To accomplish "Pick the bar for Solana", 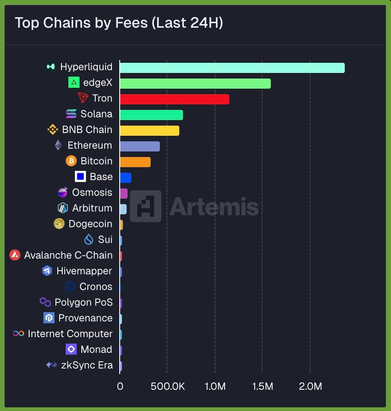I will tap(151, 115).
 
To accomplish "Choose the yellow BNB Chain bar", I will tap(149, 130).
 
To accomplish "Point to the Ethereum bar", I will tap(140, 146).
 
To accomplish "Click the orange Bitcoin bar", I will tap(135, 162).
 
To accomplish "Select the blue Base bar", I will tap(125, 177).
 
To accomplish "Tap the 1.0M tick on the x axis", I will tap(214, 386).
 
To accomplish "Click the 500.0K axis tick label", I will tap(168, 386).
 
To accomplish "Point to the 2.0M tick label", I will tap(310, 386).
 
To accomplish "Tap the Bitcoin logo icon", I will tap(71, 161).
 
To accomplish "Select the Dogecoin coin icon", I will tap(59, 224).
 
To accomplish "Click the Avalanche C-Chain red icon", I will tap(15, 255).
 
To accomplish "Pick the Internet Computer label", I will tap(70, 333).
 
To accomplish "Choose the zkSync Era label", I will tap(86, 365).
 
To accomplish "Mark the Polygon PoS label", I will tap(83, 302).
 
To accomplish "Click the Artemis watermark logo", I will tap(146, 206).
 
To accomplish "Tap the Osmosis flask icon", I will tap(63, 193).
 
